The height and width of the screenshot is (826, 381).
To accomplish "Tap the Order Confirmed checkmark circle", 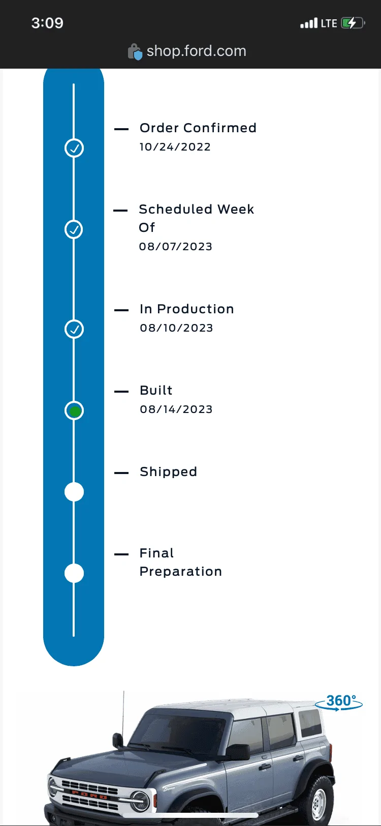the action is click(74, 148).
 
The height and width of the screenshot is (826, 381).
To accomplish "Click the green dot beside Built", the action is click(75, 411).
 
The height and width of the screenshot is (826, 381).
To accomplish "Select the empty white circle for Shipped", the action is click(74, 492).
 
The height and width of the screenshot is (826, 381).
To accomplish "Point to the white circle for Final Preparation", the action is click(74, 573).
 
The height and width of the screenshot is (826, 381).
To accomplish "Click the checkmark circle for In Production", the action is click(74, 329).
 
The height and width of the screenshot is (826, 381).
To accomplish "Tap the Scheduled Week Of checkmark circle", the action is click(74, 229).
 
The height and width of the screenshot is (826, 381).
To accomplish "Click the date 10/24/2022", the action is click(175, 147).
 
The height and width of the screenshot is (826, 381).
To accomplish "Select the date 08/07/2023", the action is click(175, 246).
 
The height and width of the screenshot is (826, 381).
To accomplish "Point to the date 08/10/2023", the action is click(176, 328).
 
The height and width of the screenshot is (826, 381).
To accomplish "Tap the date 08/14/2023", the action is click(176, 409).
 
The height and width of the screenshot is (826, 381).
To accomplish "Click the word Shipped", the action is click(168, 472).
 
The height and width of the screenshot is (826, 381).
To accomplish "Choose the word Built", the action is click(156, 390).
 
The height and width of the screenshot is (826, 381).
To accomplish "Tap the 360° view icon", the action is click(339, 702).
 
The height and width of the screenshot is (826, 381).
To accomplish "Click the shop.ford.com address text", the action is click(197, 51).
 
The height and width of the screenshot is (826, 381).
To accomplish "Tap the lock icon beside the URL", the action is click(135, 52).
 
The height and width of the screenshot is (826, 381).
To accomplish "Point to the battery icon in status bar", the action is click(353, 23).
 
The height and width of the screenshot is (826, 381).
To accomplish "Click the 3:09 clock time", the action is click(47, 23).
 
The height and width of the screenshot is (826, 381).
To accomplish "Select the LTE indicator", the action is click(329, 23).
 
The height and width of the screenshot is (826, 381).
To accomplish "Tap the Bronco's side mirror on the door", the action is click(238, 752).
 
